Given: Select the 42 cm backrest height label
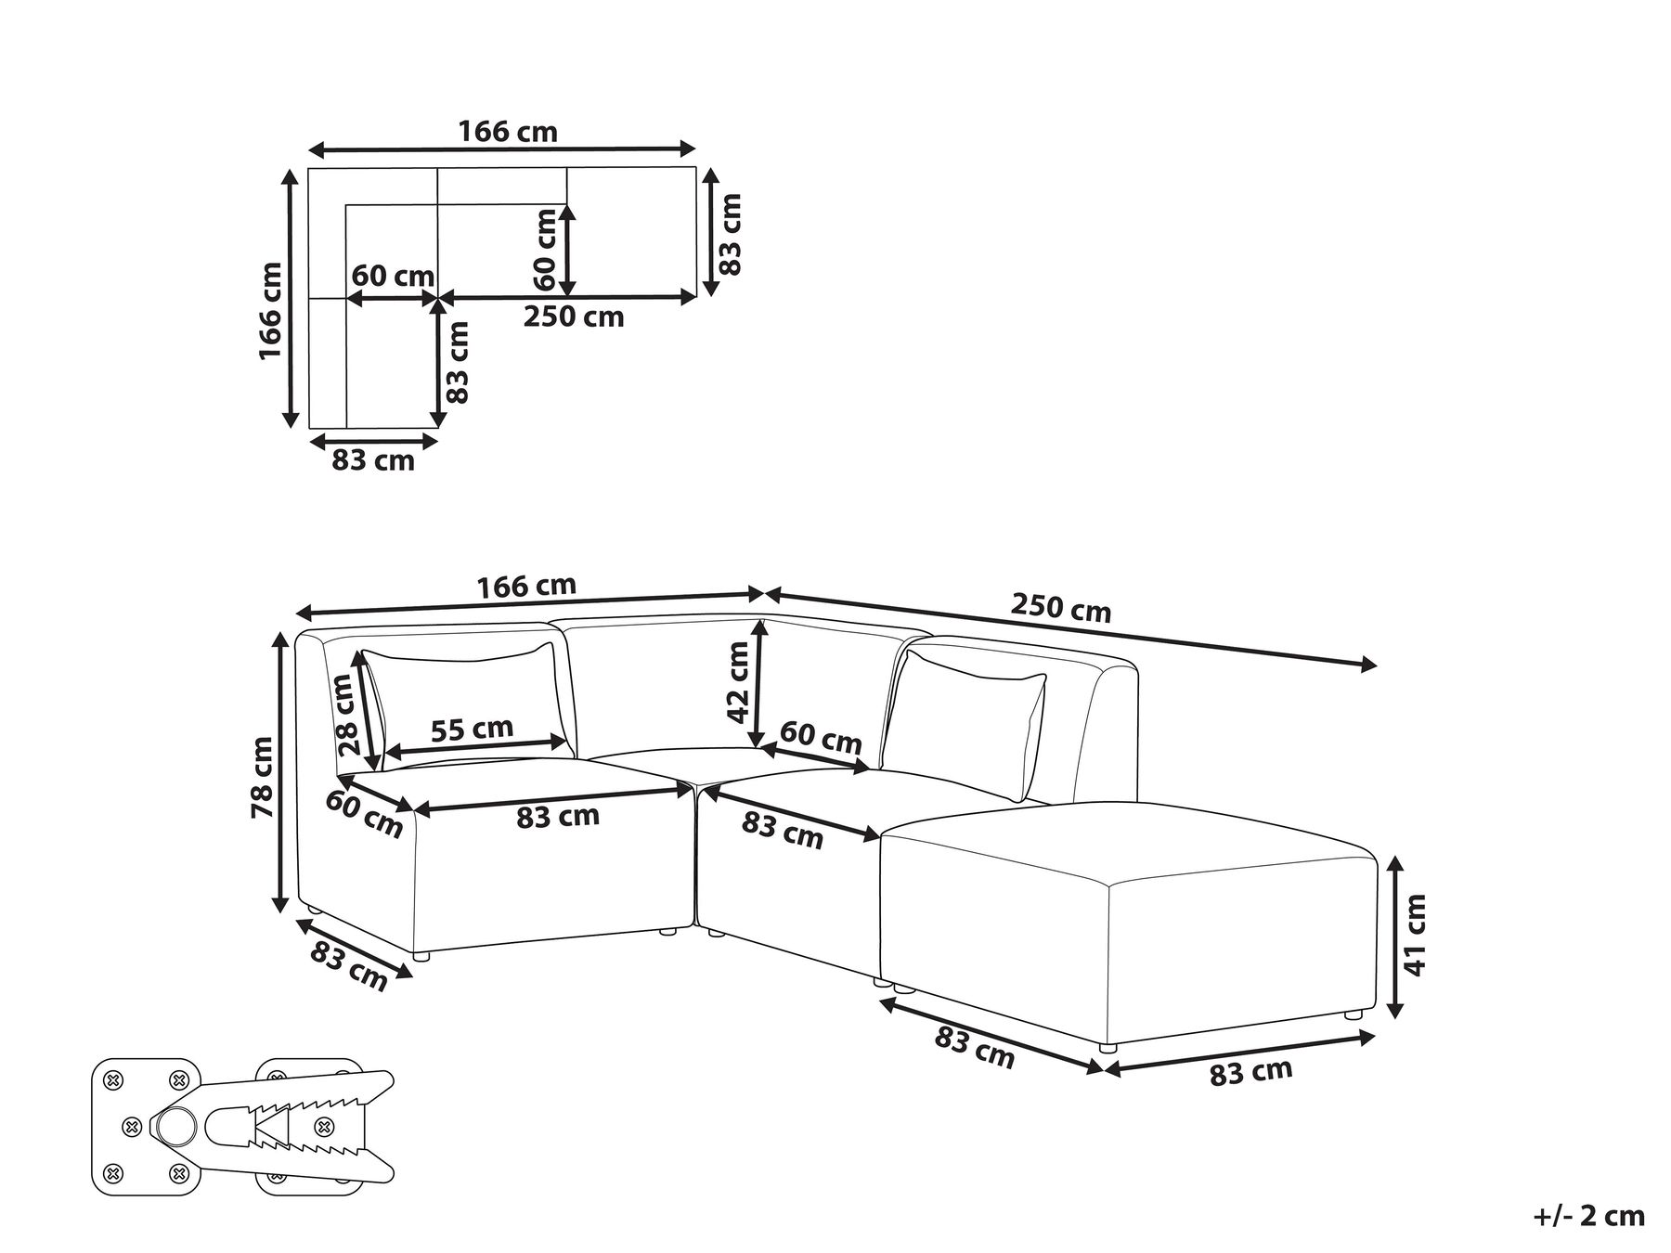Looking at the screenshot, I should pyautogui.click(x=738, y=682).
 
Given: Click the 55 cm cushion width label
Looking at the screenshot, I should pyautogui.click(x=472, y=729).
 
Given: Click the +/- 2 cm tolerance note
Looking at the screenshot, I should pyautogui.click(x=1590, y=1216).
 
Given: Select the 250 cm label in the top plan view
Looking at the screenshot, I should pyautogui.click(x=574, y=317).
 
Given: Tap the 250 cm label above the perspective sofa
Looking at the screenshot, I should pyautogui.click(x=1060, y=610).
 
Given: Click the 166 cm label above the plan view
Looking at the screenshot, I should pyautogui.click(x=508, y=133).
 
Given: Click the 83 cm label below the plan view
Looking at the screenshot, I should pyautogui.click(x=373, y=460).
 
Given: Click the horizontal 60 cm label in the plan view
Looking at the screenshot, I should pyautogui.click(x=393, y=277).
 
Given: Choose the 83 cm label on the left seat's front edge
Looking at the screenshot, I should pyautogui.click(x=557, y=817).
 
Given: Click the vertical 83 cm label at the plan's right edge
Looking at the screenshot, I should pyautogui.click(x=731, y=233).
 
